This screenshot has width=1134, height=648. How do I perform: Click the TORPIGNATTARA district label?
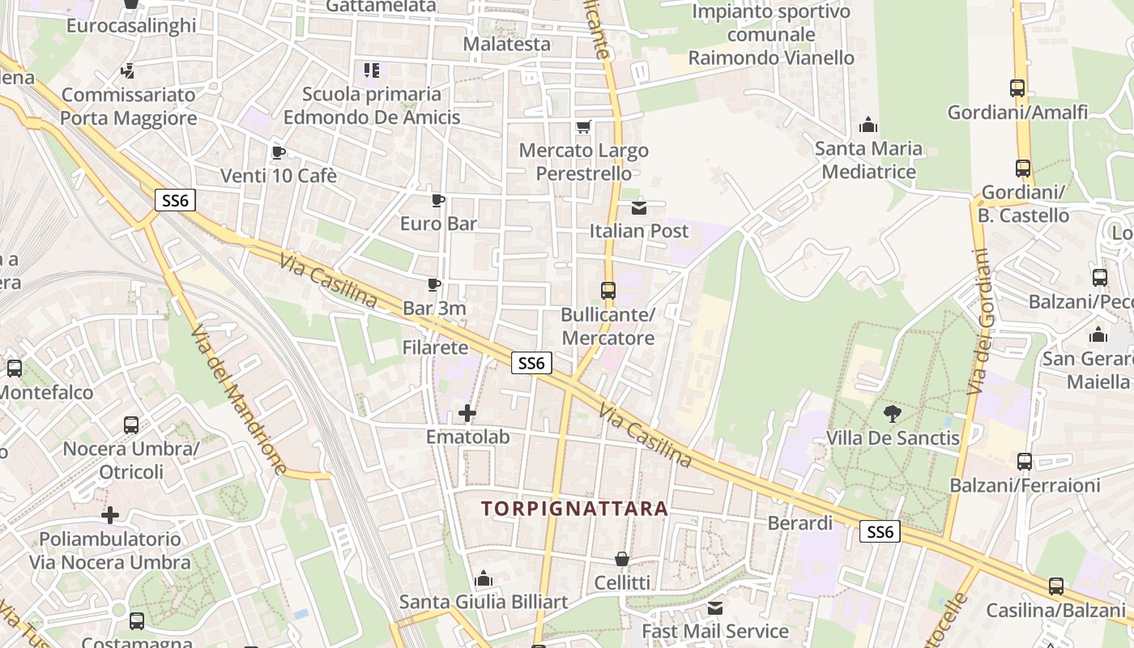[x=574, y=509]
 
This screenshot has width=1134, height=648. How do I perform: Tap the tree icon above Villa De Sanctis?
[x=893, y=414]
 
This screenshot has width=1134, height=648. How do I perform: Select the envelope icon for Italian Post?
[x=639, y=207]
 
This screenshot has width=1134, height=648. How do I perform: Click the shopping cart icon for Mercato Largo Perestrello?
[x=583, y=126]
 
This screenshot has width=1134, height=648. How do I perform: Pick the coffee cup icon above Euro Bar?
[x=438, y=199]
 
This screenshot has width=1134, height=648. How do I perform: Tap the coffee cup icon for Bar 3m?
[x=434, y=284]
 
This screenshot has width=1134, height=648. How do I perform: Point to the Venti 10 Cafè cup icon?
[x=279, y=152]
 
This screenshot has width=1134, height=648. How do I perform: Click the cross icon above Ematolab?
[x=467, y=413]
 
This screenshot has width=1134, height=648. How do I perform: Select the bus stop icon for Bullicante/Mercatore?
[x=607, y=290]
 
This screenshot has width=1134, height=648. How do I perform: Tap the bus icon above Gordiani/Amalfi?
[x=1017, y=88]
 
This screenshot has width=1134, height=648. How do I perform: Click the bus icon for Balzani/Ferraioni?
[x=1025, y=462]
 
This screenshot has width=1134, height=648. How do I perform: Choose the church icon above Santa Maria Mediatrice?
[x=868, y=125]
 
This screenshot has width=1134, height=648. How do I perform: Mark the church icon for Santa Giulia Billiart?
[x=484, y=578]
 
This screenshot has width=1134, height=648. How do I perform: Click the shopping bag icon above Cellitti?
[x=621, y=559]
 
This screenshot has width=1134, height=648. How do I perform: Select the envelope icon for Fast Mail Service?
[x=715, y=607]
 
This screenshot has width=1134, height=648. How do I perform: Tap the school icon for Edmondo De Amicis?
[x=372, y=70]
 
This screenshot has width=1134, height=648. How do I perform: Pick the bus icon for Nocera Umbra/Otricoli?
[x=131, y=424]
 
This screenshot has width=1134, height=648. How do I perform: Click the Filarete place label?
[x=436, y=347]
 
